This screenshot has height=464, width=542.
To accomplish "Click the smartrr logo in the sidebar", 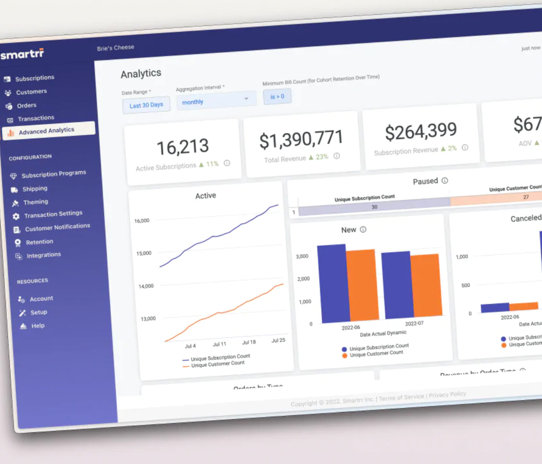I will (22, 55).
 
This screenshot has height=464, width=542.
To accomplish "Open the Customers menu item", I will (31, 92).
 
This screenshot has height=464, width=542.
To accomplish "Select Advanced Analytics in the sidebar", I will (46, 131).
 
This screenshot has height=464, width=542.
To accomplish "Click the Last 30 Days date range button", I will (146, 104).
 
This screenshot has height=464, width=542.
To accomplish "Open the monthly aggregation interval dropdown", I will (215, 101).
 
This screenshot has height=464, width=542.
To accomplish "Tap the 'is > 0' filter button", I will (277, 97).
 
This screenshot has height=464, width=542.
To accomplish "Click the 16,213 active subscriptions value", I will (183, 147).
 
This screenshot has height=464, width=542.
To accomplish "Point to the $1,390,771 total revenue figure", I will (301, 139).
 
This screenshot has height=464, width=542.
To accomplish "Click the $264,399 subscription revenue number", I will (421, 132).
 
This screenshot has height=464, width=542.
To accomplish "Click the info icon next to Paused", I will (444, 180).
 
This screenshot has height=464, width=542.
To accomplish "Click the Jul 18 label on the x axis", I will (248, 342).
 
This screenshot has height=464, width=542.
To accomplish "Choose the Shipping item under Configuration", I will (35, 189).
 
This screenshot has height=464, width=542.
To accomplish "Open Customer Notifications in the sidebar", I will (58, 227).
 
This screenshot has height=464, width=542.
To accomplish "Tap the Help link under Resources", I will (38, 325).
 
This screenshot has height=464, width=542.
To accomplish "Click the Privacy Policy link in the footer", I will (447, 394).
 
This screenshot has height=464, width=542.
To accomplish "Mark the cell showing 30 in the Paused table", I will (374, 207).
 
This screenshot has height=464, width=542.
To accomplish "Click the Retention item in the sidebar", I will (40, 242).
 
